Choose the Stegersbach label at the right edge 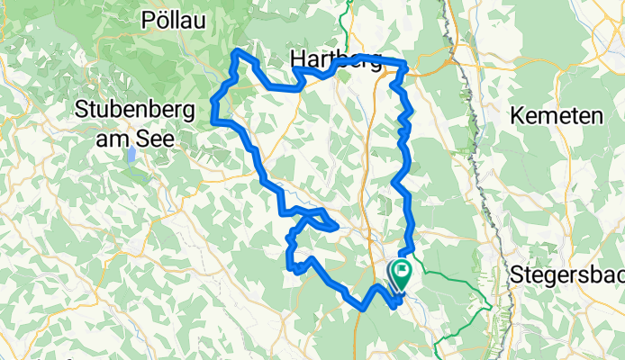(567, 273)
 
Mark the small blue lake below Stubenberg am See (132, 153)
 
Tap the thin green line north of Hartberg (346, 18)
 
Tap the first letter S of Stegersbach (516, 273)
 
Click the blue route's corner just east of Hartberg (405, 65)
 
